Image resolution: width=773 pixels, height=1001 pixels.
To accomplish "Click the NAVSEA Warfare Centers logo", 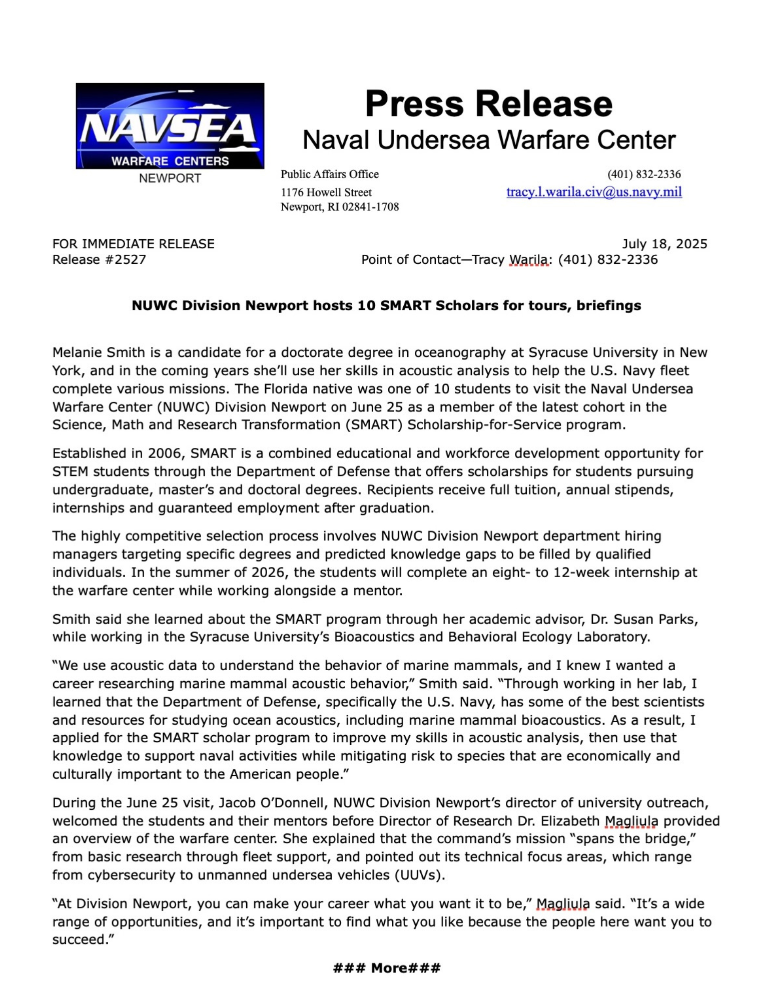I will [x=170, y=126].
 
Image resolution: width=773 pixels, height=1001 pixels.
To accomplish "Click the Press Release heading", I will [x=488, y=104].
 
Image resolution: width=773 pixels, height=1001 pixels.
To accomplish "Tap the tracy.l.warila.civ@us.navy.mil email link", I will [x=594, y=192].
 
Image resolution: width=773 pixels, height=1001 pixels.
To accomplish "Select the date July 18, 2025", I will [x=664, y=244].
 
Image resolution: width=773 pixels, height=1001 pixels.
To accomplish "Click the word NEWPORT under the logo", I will [x=170, y=178].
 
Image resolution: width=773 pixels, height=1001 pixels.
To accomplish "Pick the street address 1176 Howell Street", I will [x=326, y=192].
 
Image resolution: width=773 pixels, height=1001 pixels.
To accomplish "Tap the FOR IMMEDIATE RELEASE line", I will [x=133, y=244].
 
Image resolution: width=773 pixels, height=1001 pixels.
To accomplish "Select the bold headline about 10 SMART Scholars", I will [x=386, y=305].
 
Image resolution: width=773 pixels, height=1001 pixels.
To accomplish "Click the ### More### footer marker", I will [x=386, y=968].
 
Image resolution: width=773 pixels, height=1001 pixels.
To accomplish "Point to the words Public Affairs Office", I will [x=329, y=174].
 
